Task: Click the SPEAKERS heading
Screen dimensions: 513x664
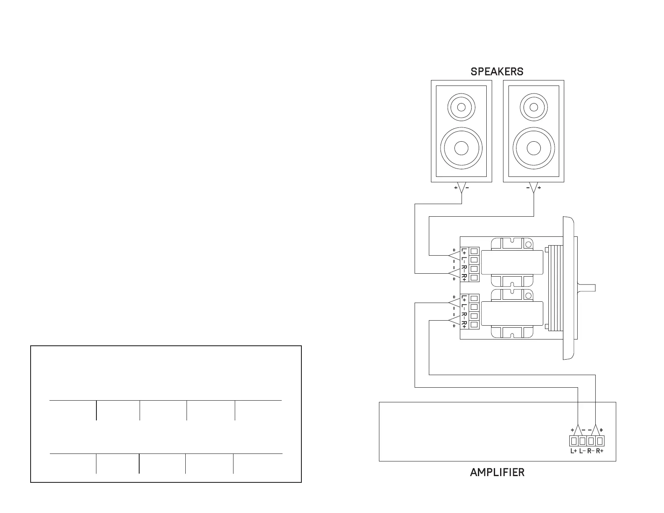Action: tap(497, 72)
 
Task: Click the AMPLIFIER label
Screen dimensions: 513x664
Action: tap(497, 472)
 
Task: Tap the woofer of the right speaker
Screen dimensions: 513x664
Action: tap(534, 148)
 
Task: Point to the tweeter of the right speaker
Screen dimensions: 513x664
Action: tap(534, 107)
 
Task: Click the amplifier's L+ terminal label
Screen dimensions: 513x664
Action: tap(574, 451)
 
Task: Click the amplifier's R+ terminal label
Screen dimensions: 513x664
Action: tap(600, 451)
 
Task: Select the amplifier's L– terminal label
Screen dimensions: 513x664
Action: tap(583, 451)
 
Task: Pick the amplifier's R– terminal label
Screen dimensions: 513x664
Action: tap(591, 451)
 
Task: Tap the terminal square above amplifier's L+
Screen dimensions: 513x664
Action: tap(574, 441)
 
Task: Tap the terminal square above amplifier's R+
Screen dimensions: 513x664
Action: tap(600, 441)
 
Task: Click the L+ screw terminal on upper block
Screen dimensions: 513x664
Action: tap(474, 251)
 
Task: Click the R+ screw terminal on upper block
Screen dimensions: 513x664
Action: tap(474, 277)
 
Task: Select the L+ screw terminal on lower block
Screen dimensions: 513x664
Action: tap(474, 298)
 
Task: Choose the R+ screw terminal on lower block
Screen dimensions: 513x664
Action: tap(474, 324)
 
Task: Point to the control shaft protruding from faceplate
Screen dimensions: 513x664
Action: tap(586, 288)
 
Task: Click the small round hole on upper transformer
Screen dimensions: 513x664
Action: tap(528, 244)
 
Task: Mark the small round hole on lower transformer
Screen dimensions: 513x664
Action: tap(528, 295)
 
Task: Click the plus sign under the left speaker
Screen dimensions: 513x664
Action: tap(456, 188)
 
